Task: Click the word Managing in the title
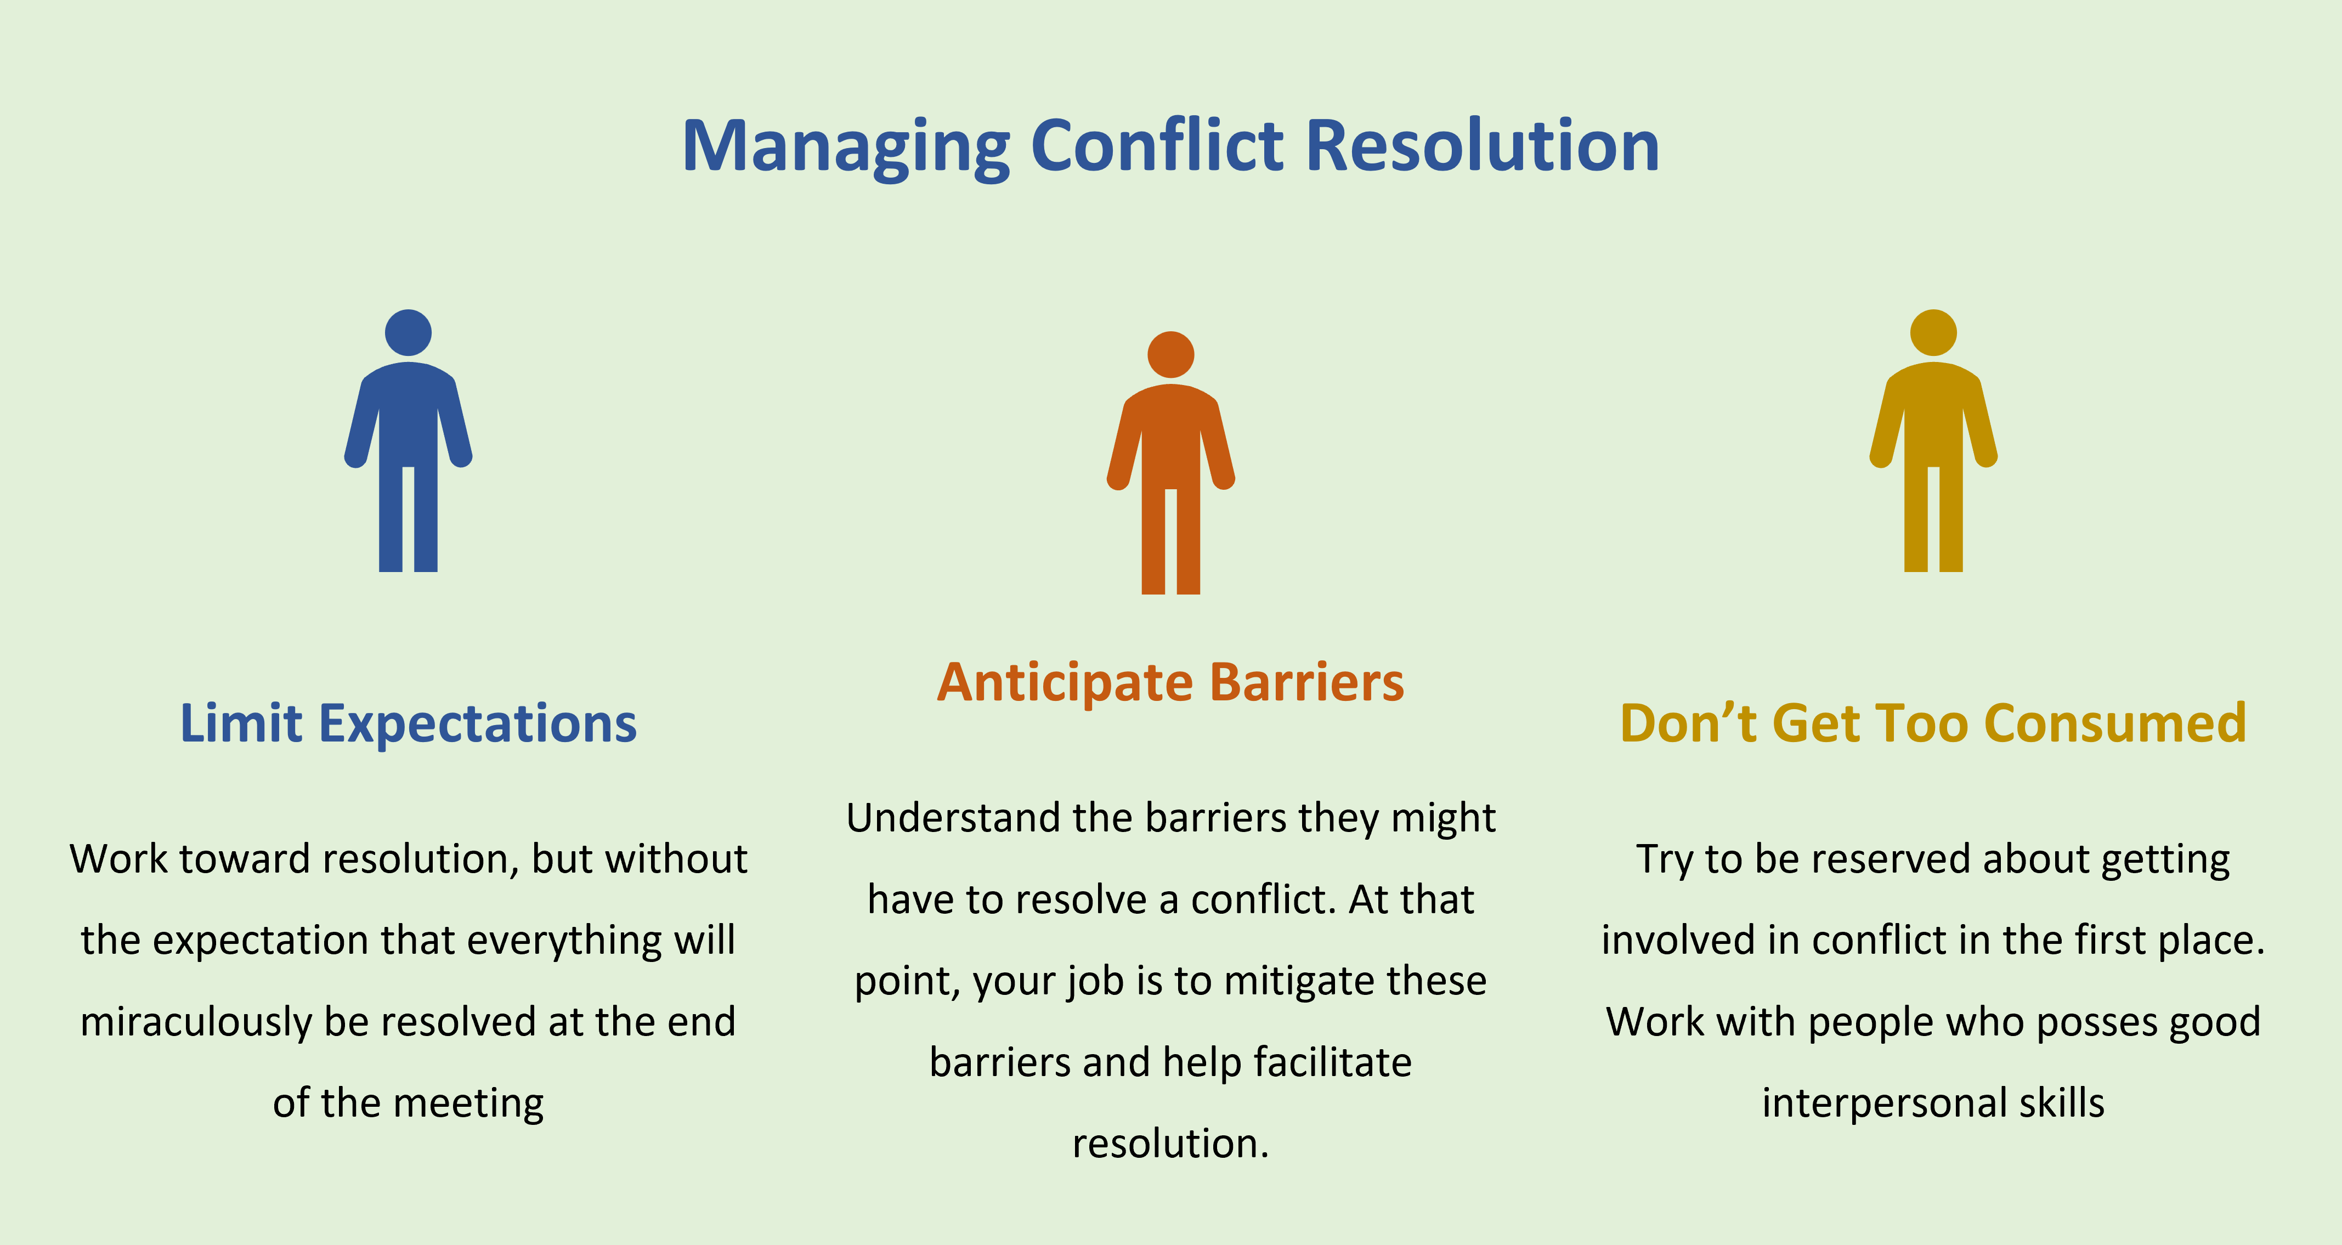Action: click(x=846, y=148)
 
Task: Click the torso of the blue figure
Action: click(x=408, y=414)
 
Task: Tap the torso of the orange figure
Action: click(x=1171, y=437)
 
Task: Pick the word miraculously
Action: click(x=197, y=1022)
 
